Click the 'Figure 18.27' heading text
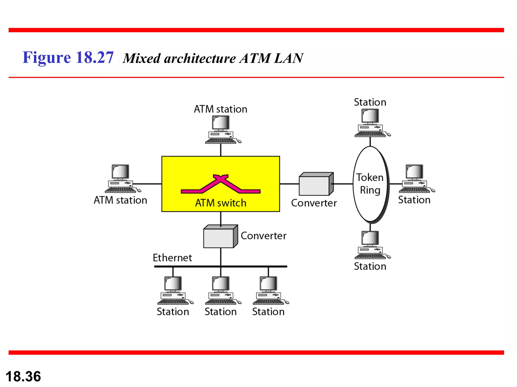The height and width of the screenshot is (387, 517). coord(68,57)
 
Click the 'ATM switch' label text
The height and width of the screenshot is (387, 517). coord(221,203)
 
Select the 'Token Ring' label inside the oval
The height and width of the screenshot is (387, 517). coord(370,184)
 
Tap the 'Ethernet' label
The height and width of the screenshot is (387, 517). coord(172,258)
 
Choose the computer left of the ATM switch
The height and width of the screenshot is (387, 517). coord(122,179)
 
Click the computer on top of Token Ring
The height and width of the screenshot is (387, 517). coord(371,123)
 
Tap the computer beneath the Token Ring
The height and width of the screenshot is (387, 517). coord(371,245)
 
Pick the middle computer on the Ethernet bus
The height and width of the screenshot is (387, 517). coord(222,291)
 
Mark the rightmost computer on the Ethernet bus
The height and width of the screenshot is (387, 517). coord(270,291)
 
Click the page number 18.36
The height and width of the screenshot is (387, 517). coord(23,376)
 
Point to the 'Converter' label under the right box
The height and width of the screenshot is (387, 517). coord(314,203)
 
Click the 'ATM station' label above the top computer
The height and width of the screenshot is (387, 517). coord(220,109)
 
